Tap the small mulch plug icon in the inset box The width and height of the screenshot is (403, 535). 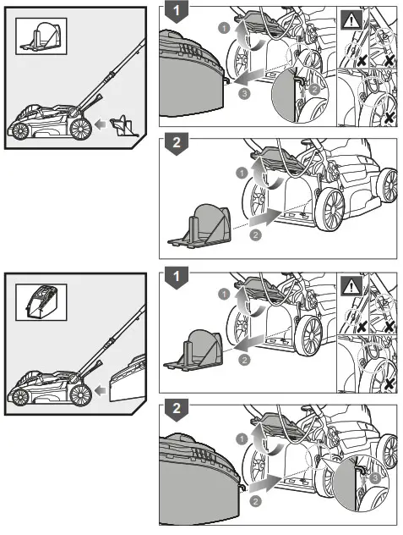(x=41, y=36)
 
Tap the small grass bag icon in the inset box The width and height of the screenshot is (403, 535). (x=41, y=302)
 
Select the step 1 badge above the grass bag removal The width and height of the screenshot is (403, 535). (x=175, y=13)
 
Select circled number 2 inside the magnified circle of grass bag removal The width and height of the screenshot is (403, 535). (x=314, y=88)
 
